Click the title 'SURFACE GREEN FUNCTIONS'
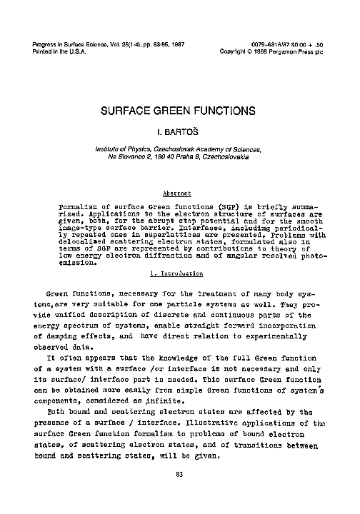[179, 111]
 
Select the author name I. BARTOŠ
[179, 133]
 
